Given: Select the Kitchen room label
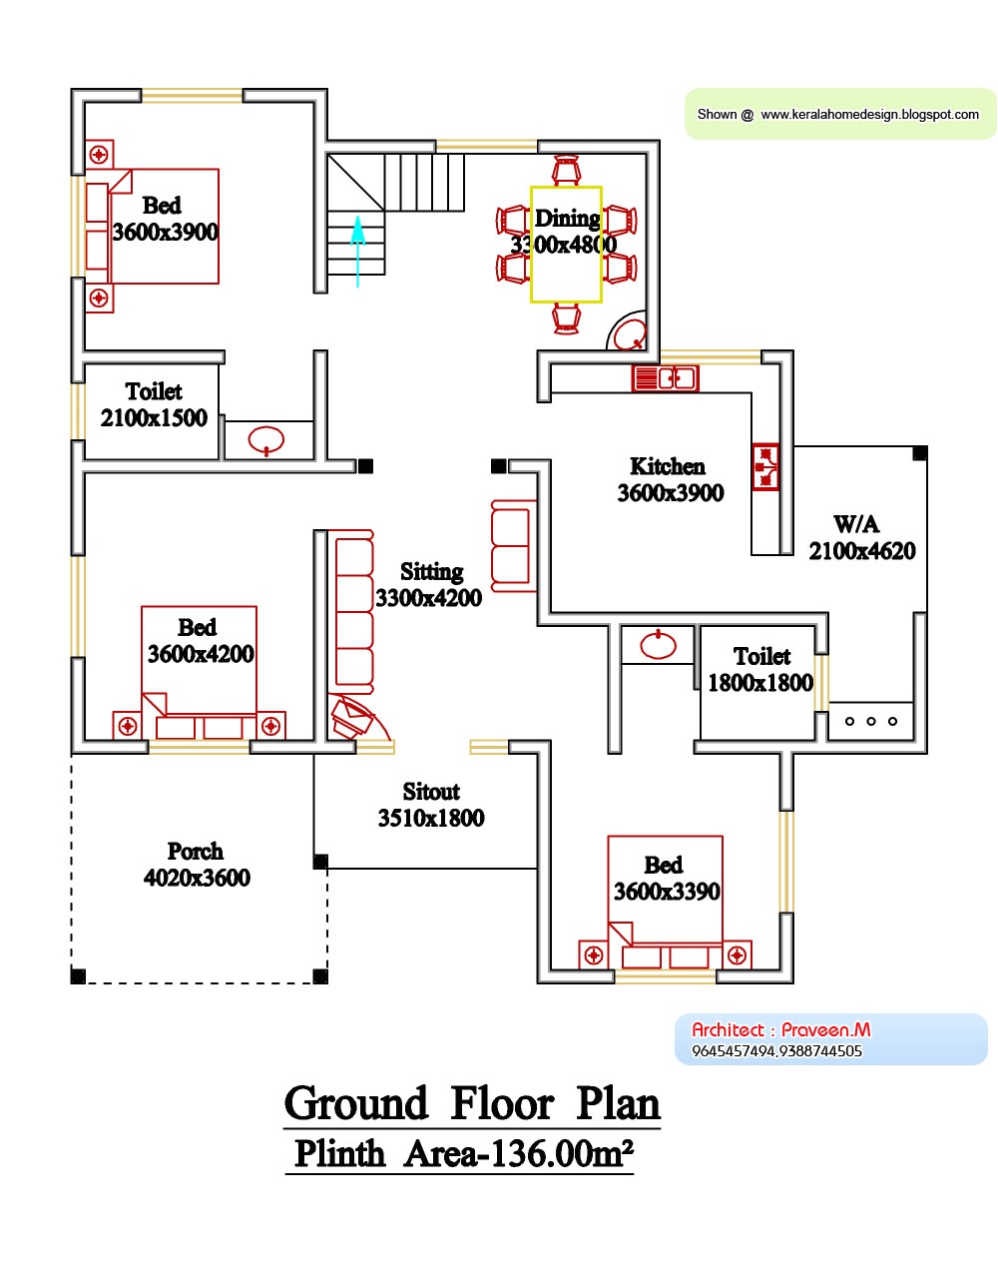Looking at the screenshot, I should point(668,466).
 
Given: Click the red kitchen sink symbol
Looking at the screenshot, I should point(665,378).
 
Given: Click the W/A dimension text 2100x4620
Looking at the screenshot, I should point(862,551).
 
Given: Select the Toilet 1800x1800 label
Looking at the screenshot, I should point(761,656).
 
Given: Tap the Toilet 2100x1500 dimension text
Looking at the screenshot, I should point(154,418).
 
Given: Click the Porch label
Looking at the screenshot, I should point(196,852).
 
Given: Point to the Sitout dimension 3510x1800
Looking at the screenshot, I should point(431,819).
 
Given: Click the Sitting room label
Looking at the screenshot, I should point(431,572).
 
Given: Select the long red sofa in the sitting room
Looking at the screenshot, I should point(354,614).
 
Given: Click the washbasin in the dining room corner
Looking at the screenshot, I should point(629,334).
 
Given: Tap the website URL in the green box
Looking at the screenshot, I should point(869,115).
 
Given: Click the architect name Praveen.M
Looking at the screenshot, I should point(825,1029).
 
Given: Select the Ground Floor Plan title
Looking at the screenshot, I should point(472,1104).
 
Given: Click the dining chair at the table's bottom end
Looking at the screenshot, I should point(566,318).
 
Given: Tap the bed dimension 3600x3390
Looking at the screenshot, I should point(667,892).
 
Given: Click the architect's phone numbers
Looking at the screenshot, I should point(776,1051).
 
